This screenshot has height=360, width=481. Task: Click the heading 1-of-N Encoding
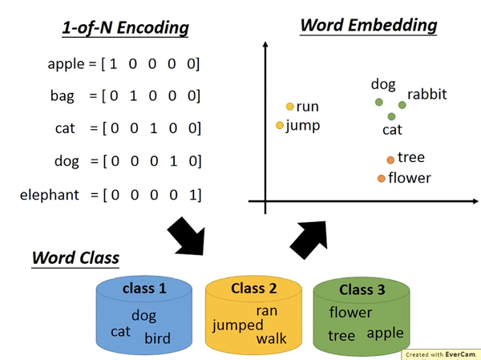(x=126, y=29)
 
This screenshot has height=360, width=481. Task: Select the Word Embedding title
(x=368, y=25)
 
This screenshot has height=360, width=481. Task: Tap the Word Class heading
(x=75, y=258)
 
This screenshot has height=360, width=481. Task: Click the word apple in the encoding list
(x=70, y=63)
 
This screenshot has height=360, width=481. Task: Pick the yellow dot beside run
(x=290, y=107)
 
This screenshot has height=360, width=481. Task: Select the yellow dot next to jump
(x=280, y=125)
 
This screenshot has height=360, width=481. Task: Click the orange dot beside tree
(x=390, y=160)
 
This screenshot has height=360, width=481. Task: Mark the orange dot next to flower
(x=382, y=178)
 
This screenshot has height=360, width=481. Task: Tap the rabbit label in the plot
(x=426, y=95)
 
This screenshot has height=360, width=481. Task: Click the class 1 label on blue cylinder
(x=144, y=288)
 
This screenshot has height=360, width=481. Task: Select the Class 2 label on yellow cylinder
(x=253, y=288)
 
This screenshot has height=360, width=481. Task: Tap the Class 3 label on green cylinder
(x=362, y=289)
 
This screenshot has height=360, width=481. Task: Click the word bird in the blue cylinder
(x=157, y=338)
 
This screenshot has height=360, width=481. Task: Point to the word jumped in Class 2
(x=237, y=325)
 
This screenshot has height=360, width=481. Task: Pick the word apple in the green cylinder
(x=385, y=333)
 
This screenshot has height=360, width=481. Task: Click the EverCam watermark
(x=440, y=353)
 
